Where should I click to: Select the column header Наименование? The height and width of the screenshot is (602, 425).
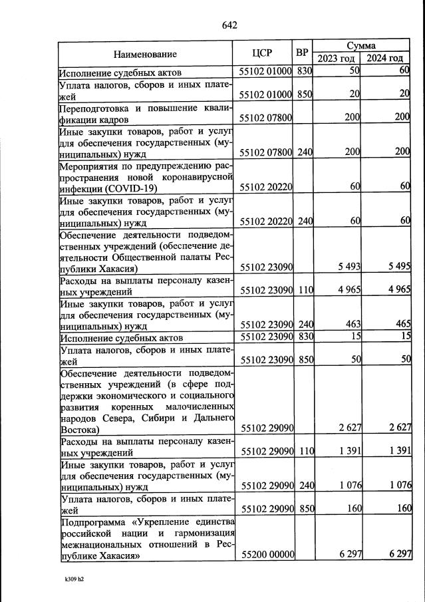coord(144,53)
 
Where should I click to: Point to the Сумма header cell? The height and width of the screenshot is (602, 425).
coord(361,45)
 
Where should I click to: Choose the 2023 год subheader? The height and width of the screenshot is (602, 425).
coord(337,59)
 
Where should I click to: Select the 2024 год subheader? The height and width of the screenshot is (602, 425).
coord(386,59)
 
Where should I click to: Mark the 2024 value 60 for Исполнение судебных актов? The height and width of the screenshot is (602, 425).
coord(404,71)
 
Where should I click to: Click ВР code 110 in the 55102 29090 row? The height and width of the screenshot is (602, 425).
coord(305,450)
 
